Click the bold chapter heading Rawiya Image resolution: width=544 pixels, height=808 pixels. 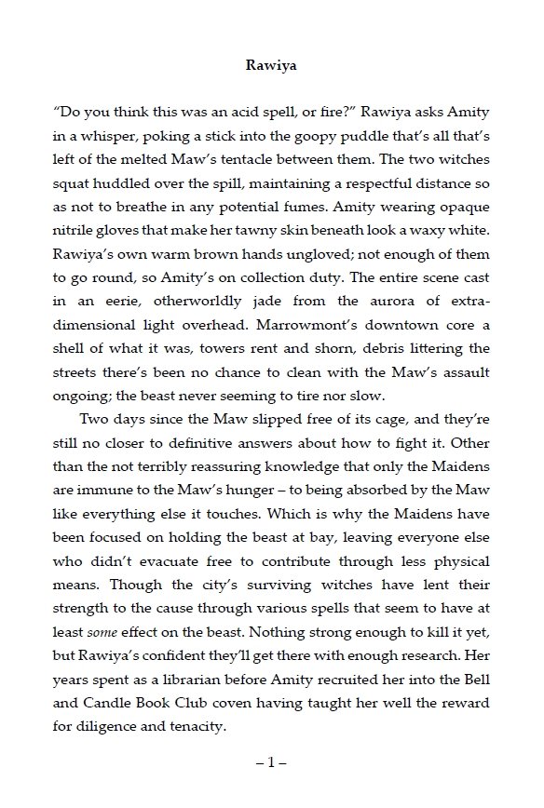pos(271,66)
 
